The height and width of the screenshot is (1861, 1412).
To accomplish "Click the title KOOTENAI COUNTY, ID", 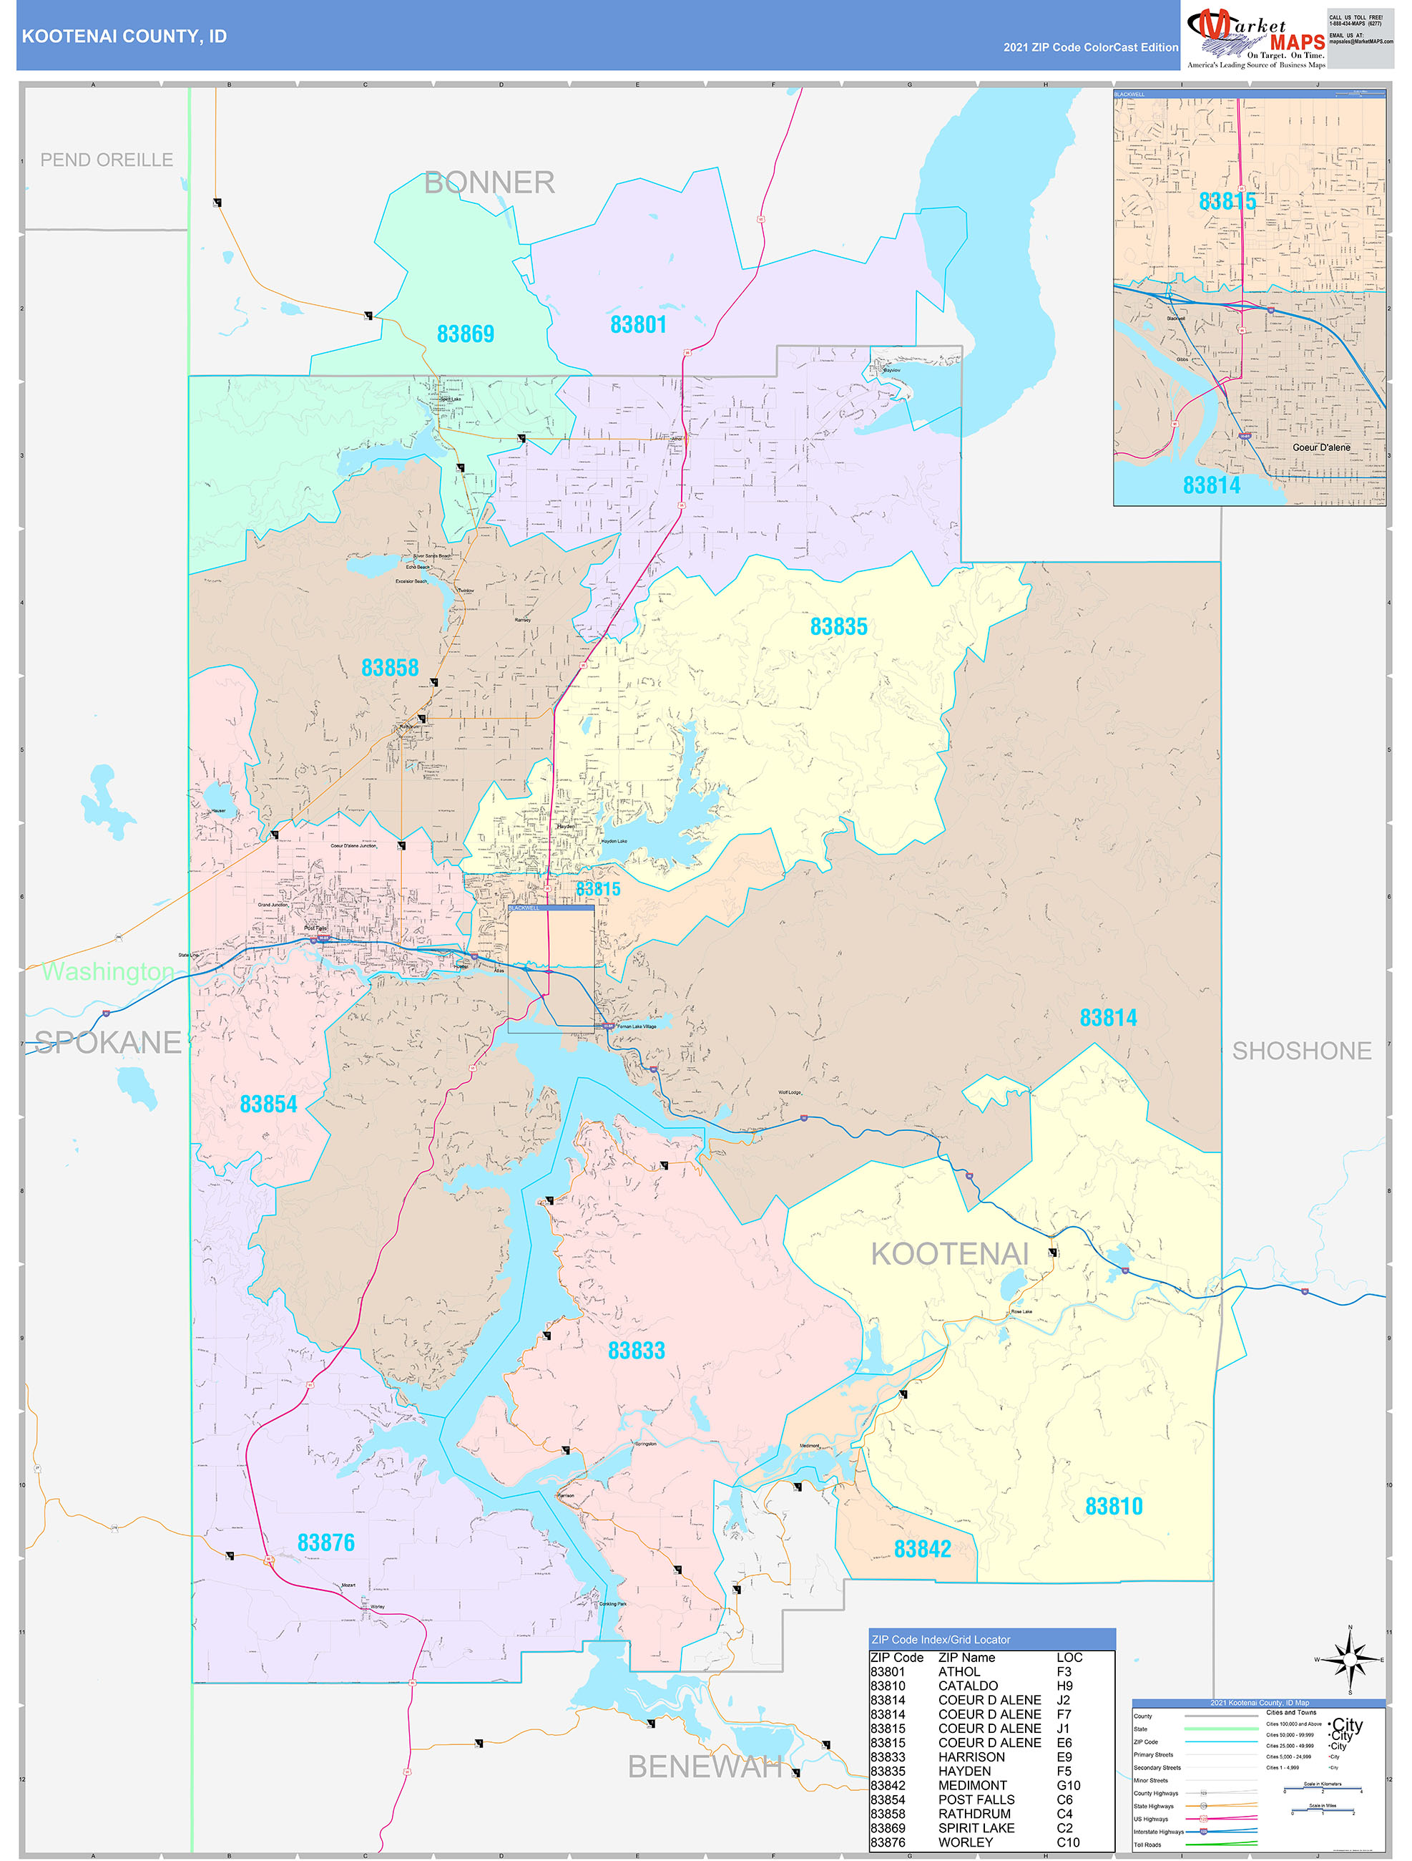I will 124,37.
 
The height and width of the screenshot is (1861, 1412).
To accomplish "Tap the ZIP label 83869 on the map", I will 465,334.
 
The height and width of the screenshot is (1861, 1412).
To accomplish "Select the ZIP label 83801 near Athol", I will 637,325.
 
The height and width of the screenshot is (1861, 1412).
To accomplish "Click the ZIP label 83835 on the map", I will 838,627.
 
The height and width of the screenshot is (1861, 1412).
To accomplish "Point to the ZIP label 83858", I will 389,667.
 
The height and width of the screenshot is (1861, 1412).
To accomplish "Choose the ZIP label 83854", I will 268,1104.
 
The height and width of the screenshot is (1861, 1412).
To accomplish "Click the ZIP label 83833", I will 636,1351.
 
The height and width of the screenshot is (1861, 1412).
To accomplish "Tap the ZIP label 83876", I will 325,1542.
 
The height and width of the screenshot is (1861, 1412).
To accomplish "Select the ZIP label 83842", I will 922,1549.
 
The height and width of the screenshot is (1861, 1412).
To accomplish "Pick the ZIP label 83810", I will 1114,1506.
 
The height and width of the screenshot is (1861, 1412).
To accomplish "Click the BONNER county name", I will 489,183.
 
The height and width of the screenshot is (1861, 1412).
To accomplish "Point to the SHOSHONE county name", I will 1301,1051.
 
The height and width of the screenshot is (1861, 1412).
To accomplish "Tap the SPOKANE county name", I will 107,1042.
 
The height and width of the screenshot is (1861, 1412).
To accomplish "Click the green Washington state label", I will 107,972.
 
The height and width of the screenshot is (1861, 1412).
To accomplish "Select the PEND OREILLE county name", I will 107,160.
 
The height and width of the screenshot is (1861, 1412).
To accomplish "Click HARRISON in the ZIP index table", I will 971,1756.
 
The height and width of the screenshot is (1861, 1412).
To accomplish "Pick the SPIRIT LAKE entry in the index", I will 976,1827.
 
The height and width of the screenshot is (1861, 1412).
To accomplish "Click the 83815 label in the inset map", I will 1226,201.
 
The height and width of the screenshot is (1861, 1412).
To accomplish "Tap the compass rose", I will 1350,1660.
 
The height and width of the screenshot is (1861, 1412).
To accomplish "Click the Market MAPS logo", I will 1255,37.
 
